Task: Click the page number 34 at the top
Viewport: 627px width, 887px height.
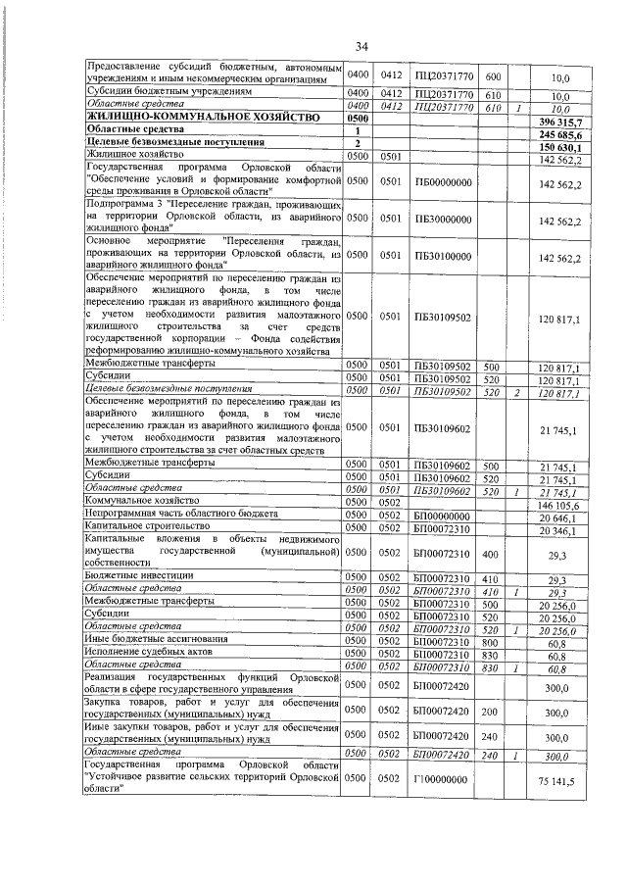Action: pyautogui.click(x=361, y=46)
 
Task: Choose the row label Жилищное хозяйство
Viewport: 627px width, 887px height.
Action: pyautogui.click(x=134, y=156)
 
